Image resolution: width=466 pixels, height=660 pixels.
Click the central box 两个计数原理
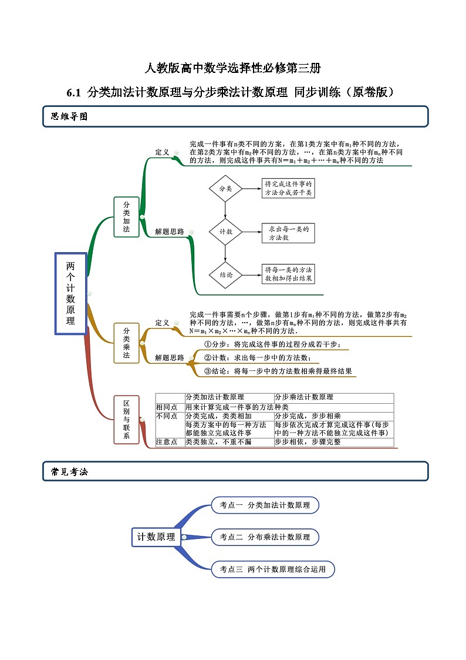pyautogui.click(x=70, y=293)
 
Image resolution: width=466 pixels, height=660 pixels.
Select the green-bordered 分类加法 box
pyautogui.click(x=126, y=217)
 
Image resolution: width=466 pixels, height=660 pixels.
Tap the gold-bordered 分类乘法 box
pyautogui.click(x=126, y=343)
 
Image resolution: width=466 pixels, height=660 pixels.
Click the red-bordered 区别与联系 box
pyautogui.click(x=126, y=420)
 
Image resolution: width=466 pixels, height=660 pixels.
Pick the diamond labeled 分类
pyautogui.click(x=225, y=189)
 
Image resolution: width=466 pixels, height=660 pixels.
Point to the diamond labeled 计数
pyautogui.click(x=225, y=232)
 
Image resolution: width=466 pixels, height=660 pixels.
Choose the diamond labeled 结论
pyautogui.click(x=225, y=274)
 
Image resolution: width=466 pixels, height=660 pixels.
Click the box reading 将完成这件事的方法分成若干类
pyautogui.click(x=288, y=189)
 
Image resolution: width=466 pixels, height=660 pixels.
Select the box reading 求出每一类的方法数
pyautogui.click(x=288, y=233)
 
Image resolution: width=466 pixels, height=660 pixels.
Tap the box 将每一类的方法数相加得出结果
pyautogui.click(x=288, y=274)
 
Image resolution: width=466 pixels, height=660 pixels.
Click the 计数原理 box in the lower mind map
pyautogui.click(x=156, y=537)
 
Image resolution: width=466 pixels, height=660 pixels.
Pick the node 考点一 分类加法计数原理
pyautogui.click(x=265, y=505)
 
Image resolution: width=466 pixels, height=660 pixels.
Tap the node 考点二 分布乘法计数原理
pyautogui.click(x=265, y=537)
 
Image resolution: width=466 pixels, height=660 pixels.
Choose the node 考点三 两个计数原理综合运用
pyautogui.click(x=272, y=569)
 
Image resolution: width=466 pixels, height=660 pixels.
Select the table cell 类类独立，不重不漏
pyautogui.click(x=218, y=442)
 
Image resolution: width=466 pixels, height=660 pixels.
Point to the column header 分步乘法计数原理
pyautogui.click(x=304, y=397)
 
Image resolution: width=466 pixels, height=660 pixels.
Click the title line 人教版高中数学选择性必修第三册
pyautogui.click(x=233, y=68)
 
